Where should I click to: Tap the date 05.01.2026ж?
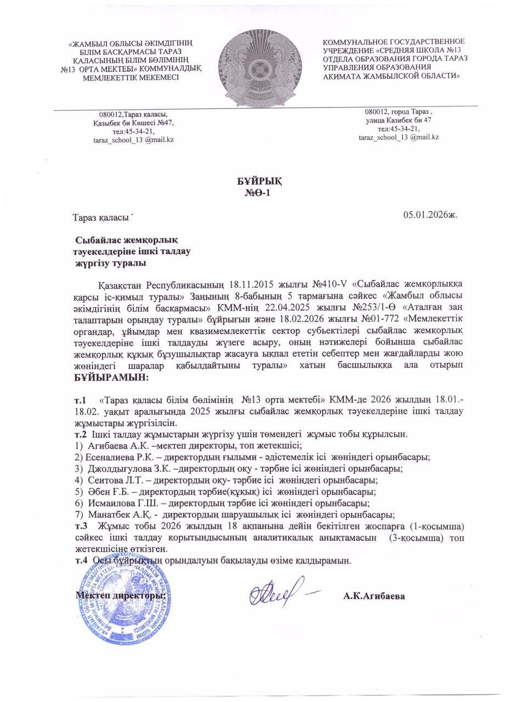pyautogui.click(x=430, y=214)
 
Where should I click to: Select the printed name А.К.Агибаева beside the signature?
pyautogui.click(x=374, y=596)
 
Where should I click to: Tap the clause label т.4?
pyautogui.click(x=81, y=561)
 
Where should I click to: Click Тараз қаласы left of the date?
pyautogui.click(x=101, y=217)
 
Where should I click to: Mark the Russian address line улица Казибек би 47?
pyautogui.click(x=398, y=120)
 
